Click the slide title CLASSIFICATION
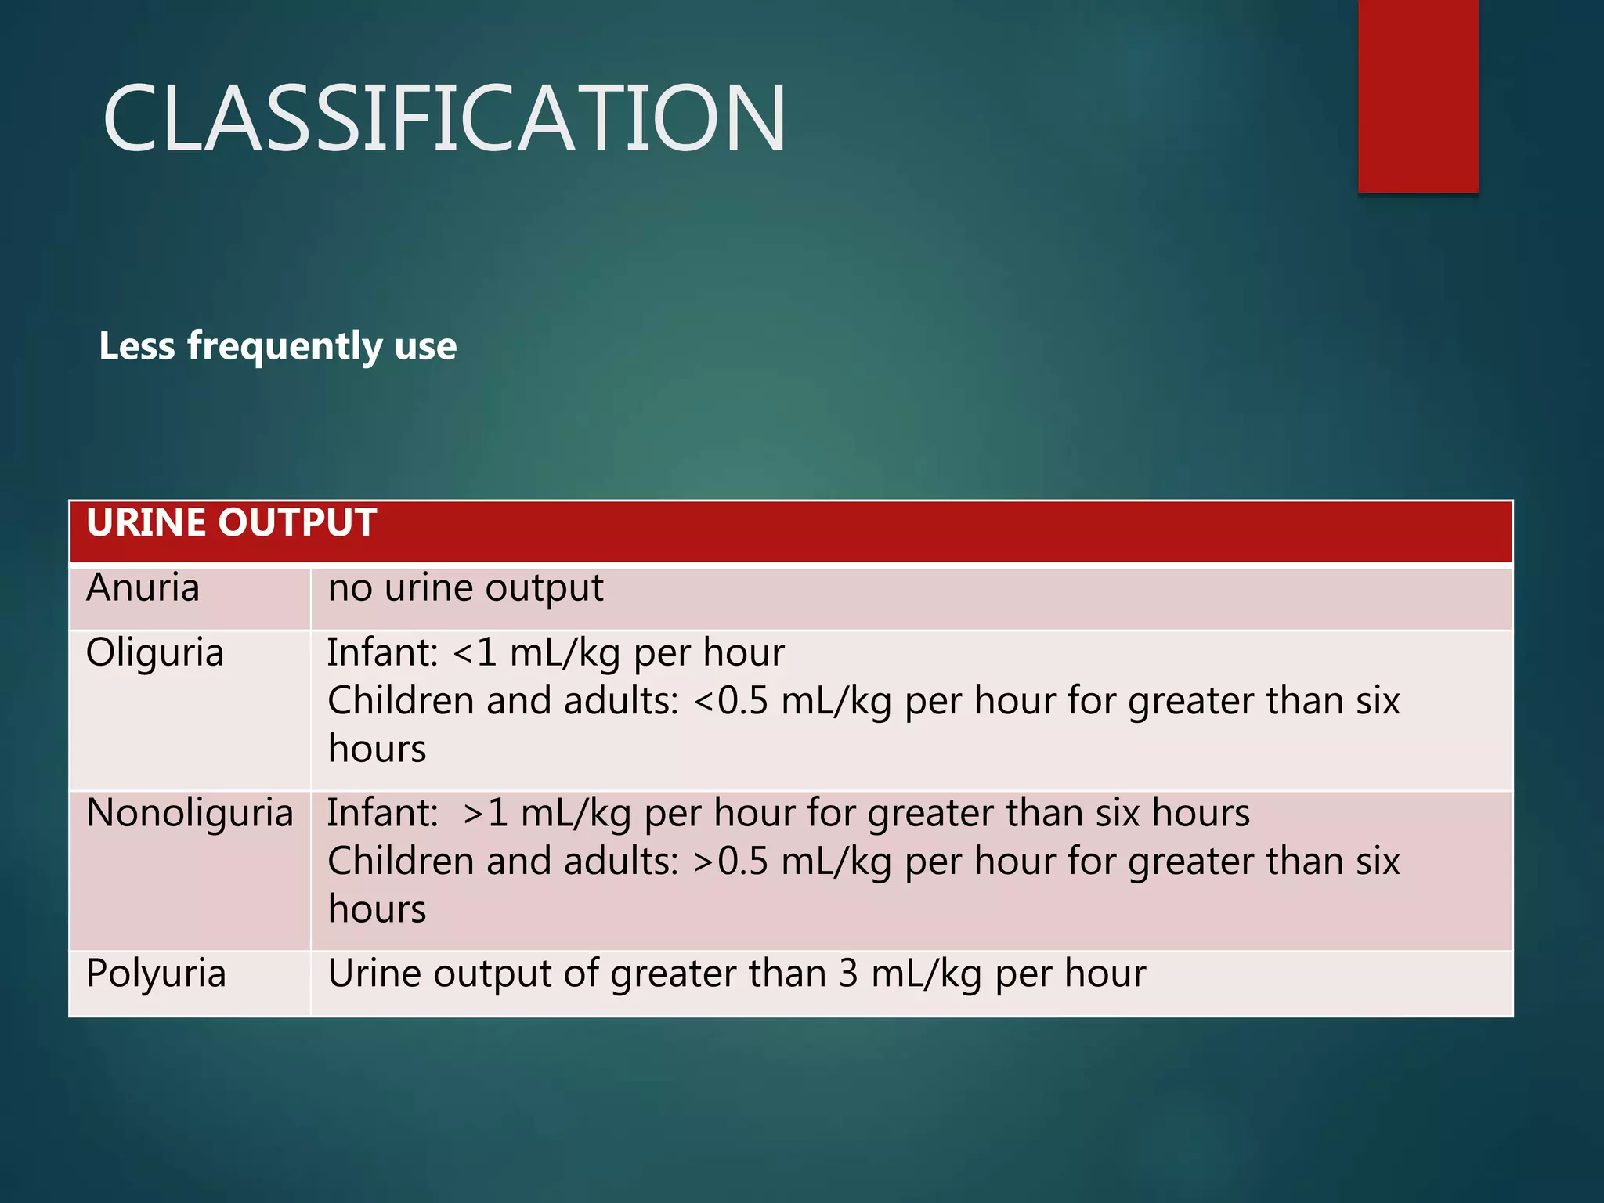click(443, 119)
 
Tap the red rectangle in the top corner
click(1418, 96)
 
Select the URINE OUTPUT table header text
click(231, 523)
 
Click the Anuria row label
click(143, 588)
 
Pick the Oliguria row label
click(155, 653)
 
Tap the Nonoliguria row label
click(190, 813)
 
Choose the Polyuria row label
click(156, 974)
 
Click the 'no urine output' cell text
click(465, 588)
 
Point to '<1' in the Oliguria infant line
click(475, 653)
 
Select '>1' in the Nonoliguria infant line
click(486, 813)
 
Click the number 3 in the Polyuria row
click(848, 974)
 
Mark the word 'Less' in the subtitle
click(136, 346)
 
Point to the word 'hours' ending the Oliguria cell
click(377, 750)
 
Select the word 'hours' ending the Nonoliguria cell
click(377, 910)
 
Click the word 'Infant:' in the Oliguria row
click(382, 653)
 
